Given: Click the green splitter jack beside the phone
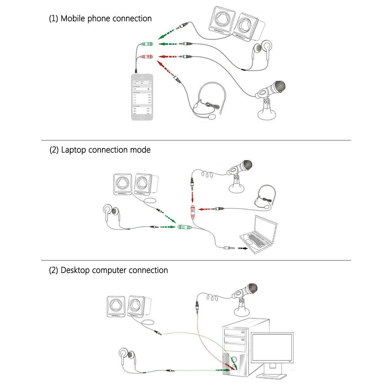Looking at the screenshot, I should (147, 44).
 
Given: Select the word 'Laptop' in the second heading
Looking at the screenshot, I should (74, 150).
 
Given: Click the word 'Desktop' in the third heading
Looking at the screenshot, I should (75, 270).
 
